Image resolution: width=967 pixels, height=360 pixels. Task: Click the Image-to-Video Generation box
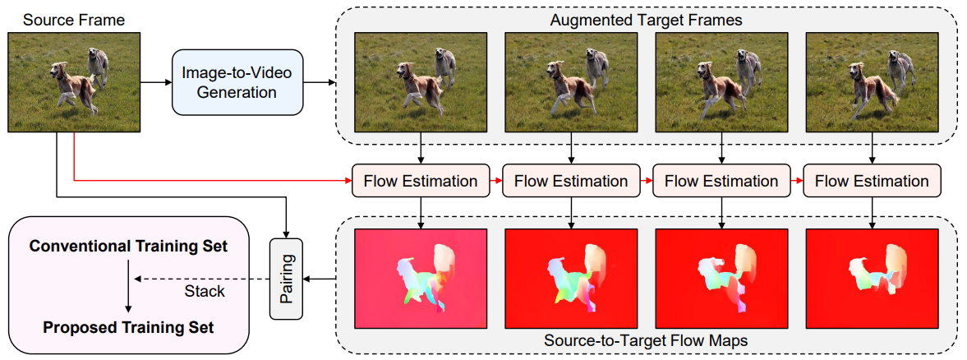point(229,82)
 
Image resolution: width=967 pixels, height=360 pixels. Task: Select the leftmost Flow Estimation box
point(421,181)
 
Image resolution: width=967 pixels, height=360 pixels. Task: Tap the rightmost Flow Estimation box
point(873,181)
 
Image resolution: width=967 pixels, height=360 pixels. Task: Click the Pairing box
point(287,279)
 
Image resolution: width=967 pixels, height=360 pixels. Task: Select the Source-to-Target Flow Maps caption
point(647,340)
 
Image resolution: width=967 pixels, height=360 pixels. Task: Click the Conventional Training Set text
point(127,247)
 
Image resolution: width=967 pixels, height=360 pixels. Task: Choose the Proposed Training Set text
point(127,327)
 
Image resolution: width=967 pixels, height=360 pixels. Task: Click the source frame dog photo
point(74,81)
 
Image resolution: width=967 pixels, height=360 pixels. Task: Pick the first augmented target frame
point(421,82)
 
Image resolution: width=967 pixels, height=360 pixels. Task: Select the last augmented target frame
point(873,82)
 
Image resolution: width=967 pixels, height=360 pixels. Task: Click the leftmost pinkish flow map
point(421,278)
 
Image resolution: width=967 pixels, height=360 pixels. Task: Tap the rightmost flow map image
point(873,278)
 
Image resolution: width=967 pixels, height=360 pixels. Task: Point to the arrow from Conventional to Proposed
point(127,287)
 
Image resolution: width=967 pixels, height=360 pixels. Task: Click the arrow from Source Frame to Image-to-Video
point(156,82)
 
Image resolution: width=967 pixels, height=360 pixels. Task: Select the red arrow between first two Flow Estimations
point(495,181)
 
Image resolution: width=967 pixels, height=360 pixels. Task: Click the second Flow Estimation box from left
point(571,181)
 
